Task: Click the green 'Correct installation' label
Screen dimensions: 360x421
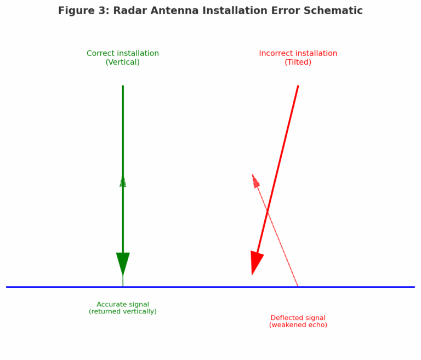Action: (x=123, y=54)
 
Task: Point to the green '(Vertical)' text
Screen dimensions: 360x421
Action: (x=123, y=62)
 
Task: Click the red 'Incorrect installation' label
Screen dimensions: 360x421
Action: (x=298, y=54)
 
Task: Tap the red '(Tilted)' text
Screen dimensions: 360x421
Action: (x=298, y=62)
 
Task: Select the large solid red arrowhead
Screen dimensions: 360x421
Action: (x=256, y=262)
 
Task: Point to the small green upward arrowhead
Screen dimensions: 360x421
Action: (x=123, y=181)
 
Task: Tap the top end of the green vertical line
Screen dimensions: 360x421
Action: (x=123, y=86)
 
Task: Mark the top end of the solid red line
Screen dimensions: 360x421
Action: (x=298, y=86)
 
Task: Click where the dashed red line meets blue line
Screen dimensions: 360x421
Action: (x=298, y=287)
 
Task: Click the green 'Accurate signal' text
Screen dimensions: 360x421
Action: (x=123, y=305)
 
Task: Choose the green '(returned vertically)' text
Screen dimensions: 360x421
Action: (x=123, y=312)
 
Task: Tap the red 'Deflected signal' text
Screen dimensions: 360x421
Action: (x=298, y=318)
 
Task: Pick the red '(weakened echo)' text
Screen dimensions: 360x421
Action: (x=298, y=325)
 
